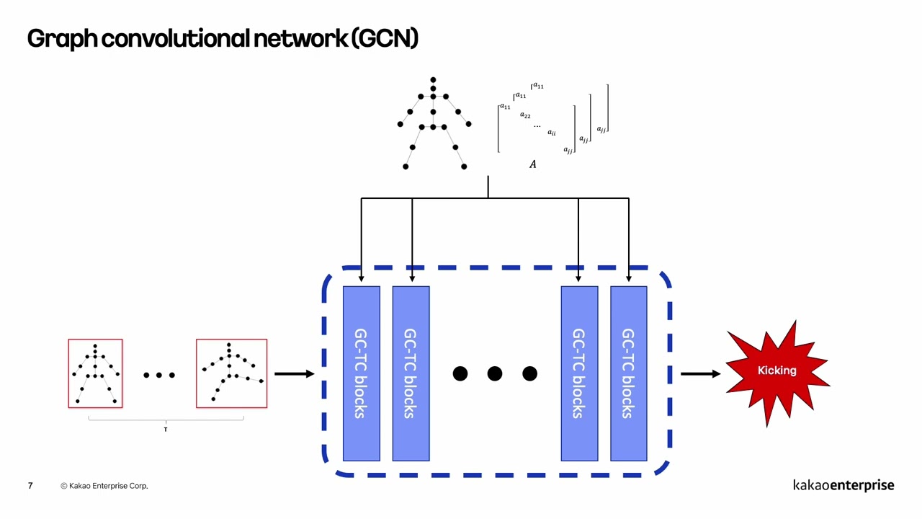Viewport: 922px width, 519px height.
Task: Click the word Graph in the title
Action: coord(63,38)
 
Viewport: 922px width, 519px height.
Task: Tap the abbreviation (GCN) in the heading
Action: coord(385,38)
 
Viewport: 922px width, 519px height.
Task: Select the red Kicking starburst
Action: coord(776,371)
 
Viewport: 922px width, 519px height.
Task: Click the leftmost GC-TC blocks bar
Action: coord(361,373)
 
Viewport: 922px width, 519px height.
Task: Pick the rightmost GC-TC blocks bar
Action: coord(628,373)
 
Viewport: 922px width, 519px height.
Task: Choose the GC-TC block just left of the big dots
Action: coord(411,373)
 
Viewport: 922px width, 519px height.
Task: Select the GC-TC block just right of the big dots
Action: coord(579,373)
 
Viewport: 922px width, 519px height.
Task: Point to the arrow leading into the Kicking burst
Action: coord(699,373)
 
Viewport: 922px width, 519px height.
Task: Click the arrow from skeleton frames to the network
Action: coord(294,373)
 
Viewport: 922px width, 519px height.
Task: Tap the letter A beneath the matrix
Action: coord(533,164)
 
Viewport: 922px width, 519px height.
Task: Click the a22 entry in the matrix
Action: coord(525,115)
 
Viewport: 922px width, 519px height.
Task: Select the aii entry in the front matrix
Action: coord(551,133)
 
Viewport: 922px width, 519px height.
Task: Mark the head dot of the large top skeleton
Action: coord(433,80)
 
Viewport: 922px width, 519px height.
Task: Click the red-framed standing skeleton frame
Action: coord(95,373)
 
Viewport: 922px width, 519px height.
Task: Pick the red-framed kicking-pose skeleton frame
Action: coord(231,373)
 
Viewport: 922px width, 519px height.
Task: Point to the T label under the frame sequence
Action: coord(165,430)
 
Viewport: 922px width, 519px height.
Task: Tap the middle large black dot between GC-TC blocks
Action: coord(495,373)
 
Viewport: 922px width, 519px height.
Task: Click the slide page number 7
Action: coord(30,486)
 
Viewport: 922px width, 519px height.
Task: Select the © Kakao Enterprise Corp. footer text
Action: coord(104,486)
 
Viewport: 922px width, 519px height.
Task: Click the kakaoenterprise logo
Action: coord(843,485)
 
